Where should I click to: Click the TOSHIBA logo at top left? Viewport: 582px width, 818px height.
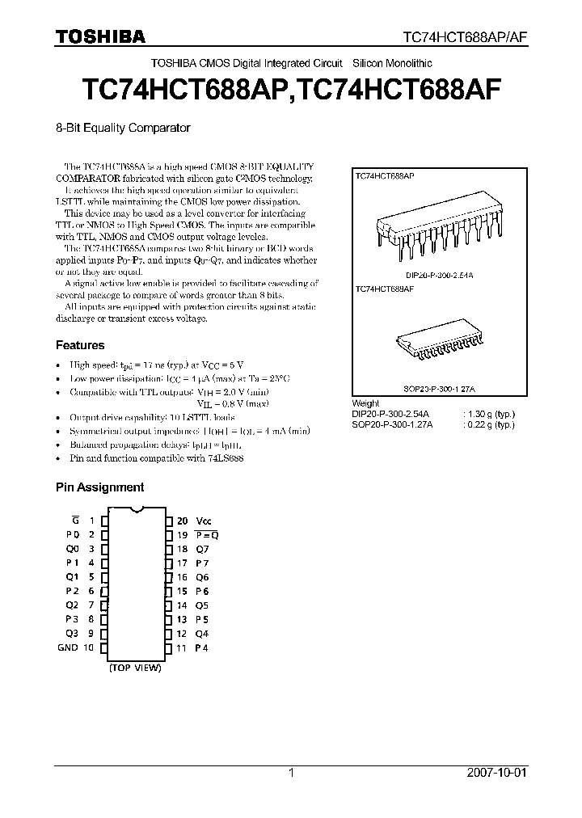100,36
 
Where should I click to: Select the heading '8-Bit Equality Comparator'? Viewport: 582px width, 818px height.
122,128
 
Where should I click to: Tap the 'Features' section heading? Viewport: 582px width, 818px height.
80,345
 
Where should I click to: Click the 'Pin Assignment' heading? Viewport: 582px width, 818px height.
99,487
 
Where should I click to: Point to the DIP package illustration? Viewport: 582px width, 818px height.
437,223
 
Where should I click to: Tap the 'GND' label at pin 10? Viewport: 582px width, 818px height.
68,647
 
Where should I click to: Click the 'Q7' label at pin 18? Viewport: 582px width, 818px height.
202,549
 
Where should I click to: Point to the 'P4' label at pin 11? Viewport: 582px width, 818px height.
202,647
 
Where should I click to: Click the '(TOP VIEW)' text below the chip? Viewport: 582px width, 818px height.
136,669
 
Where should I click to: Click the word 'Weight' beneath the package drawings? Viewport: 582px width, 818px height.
365,403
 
